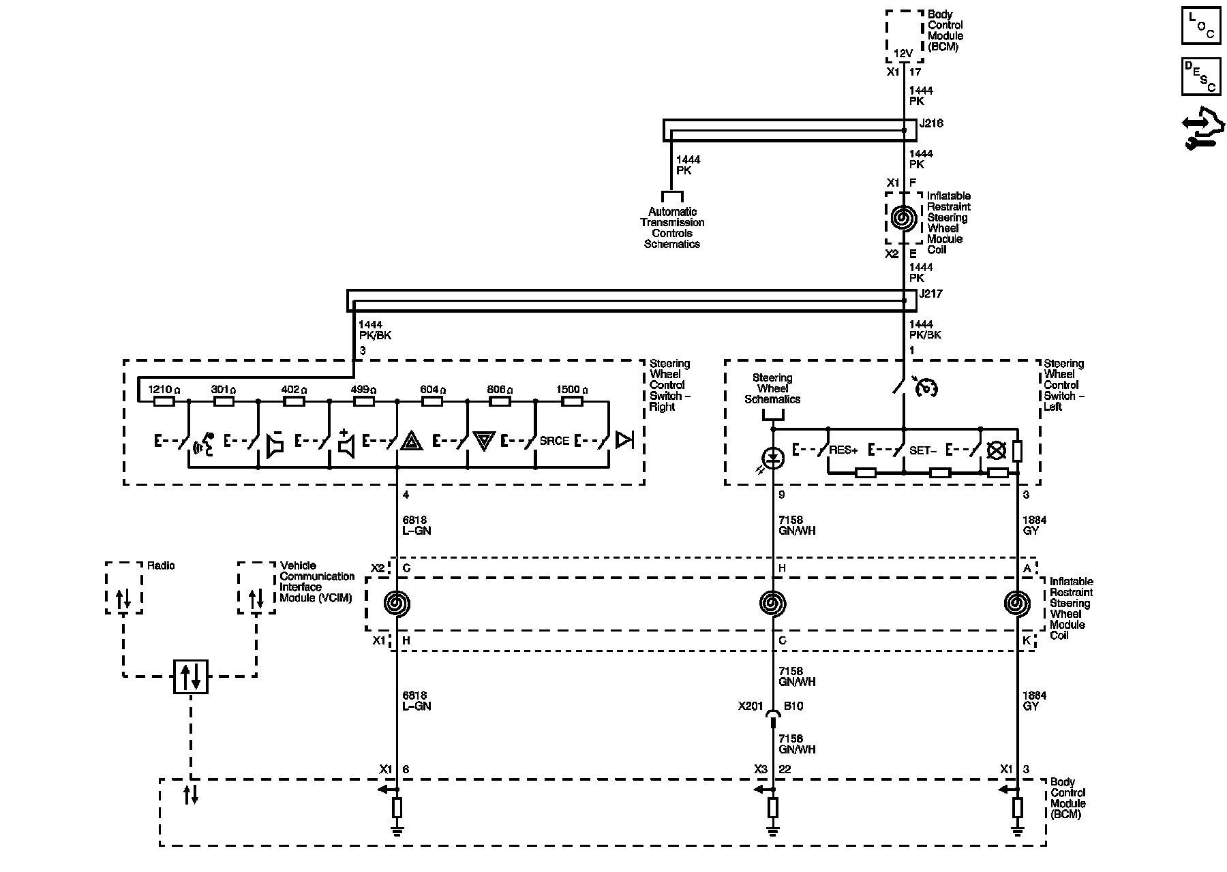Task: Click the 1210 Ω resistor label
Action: click(164, 390)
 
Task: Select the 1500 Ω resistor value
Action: click(571, 390)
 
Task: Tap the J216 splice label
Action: click(930, 124)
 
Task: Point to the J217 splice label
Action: click(930, 294)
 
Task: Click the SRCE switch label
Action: click(554, 441)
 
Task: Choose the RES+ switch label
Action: click(843, 450)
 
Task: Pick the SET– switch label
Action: click(923, 450)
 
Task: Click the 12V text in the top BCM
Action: click(903, 53)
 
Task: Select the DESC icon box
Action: click(1200, 76)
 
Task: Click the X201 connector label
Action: click(751, 706)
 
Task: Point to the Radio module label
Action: click(161, 565)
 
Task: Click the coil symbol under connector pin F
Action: click(903, 219)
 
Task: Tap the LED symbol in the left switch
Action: click(772, 458)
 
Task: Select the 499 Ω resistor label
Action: click(363, 390)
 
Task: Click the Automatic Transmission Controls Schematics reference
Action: click(672, 228)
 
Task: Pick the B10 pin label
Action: click(793, 706)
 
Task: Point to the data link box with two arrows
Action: click(191, 676)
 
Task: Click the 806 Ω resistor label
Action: click(500, 390)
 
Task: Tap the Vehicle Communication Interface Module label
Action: click(317, 581)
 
